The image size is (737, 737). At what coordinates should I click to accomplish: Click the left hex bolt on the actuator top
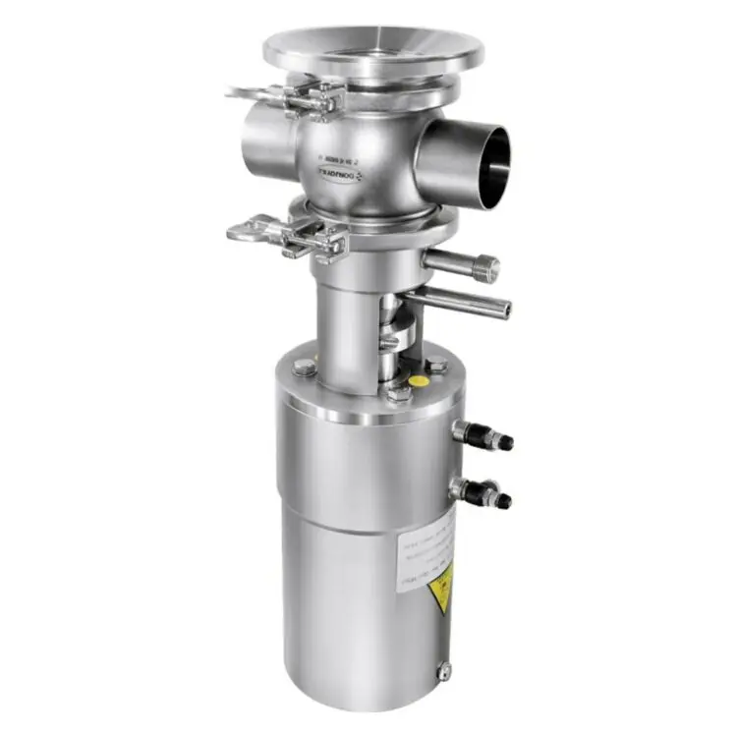coord(299,368)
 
